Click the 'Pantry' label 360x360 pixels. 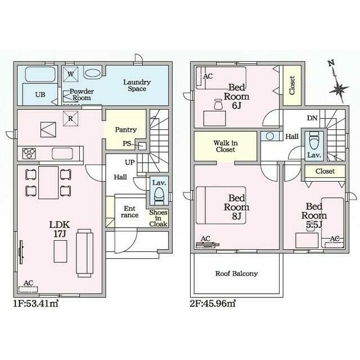(125, 130)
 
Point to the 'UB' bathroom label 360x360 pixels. (40, 94)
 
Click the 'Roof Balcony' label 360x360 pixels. (236, 274)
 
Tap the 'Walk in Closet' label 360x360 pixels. (225, 147)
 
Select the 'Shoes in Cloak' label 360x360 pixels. (158, 218)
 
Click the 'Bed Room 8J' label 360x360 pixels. (236, 206)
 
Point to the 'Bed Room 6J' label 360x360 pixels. (236, 95)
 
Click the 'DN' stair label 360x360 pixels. (312, 119)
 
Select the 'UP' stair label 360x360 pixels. (129, 162)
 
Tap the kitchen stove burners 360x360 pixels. (28, 152)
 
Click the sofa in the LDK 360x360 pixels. (84, 251)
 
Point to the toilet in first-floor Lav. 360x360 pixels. (159, 195)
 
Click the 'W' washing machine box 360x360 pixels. (70, 73)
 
